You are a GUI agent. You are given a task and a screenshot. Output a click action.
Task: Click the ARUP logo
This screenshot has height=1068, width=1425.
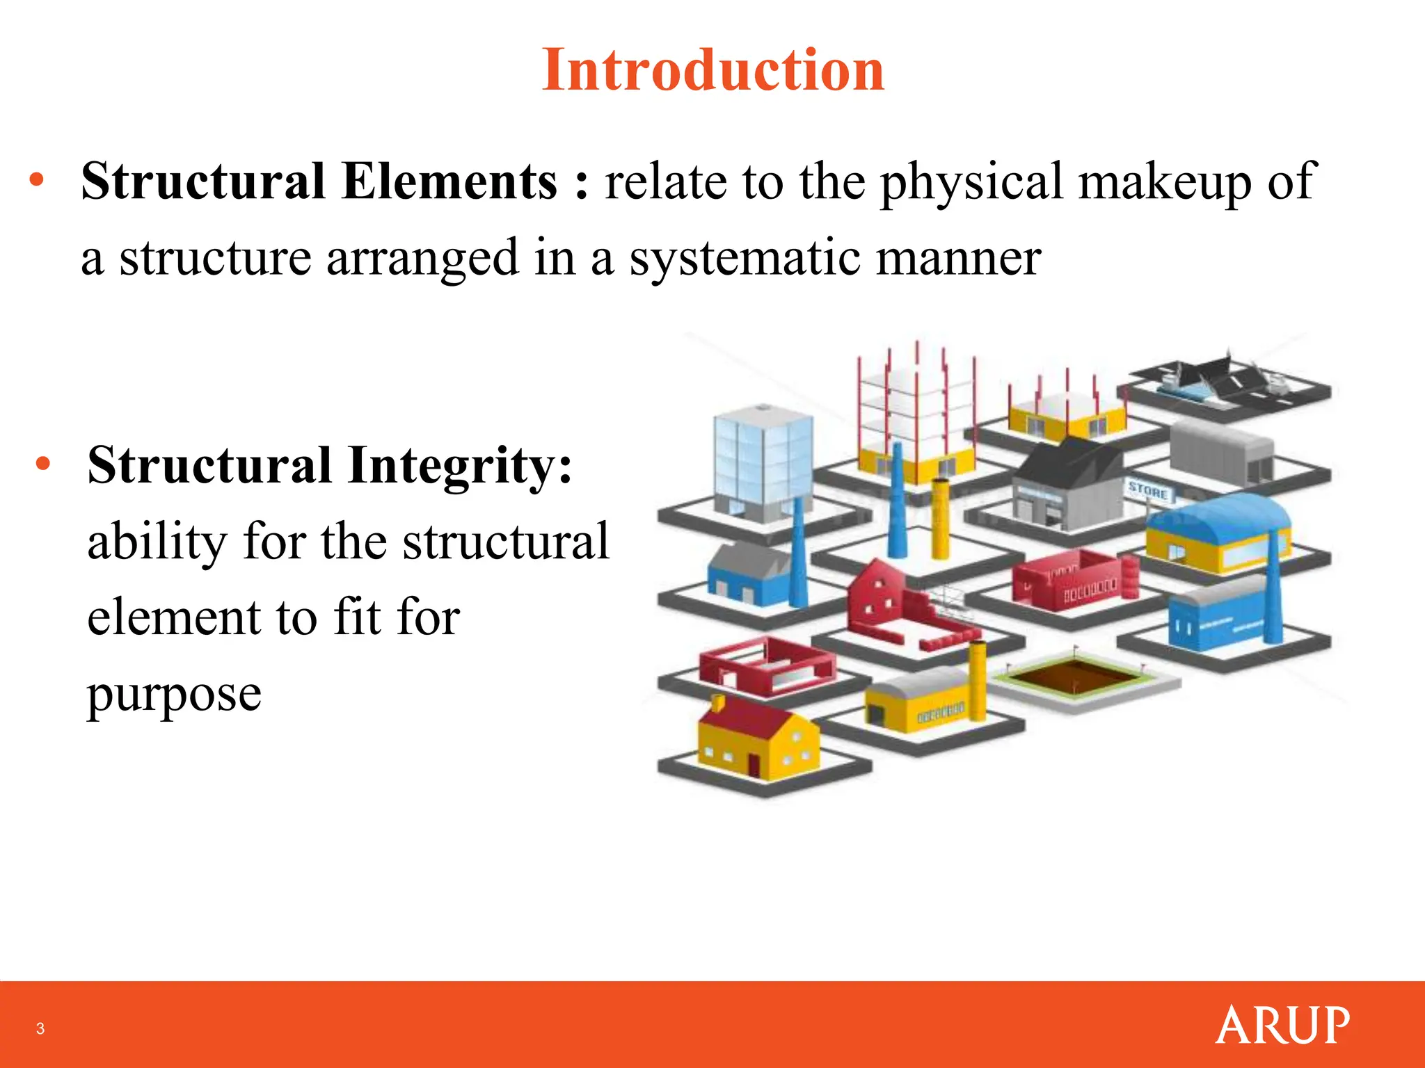pyautogui.click(x=1282, y=1025)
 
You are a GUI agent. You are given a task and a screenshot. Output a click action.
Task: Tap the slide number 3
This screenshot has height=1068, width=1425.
pyautogui.click(x=40, y=1028)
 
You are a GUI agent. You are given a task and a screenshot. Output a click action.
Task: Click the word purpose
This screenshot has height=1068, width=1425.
pyautogui.click(x=174, y=694)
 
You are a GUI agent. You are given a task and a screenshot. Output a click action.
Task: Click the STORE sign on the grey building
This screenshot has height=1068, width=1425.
pyautogui.click(x=1148, y=492)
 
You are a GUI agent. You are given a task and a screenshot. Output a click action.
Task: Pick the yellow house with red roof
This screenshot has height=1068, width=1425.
pyautogui.click(x=758, y=741)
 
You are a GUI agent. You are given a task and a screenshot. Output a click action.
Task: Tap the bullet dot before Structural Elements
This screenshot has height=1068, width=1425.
pyautogui.click(x=37, y=181)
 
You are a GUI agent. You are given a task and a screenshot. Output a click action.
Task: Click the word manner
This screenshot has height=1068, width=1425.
pyautogui.click(x=957, y=258)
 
